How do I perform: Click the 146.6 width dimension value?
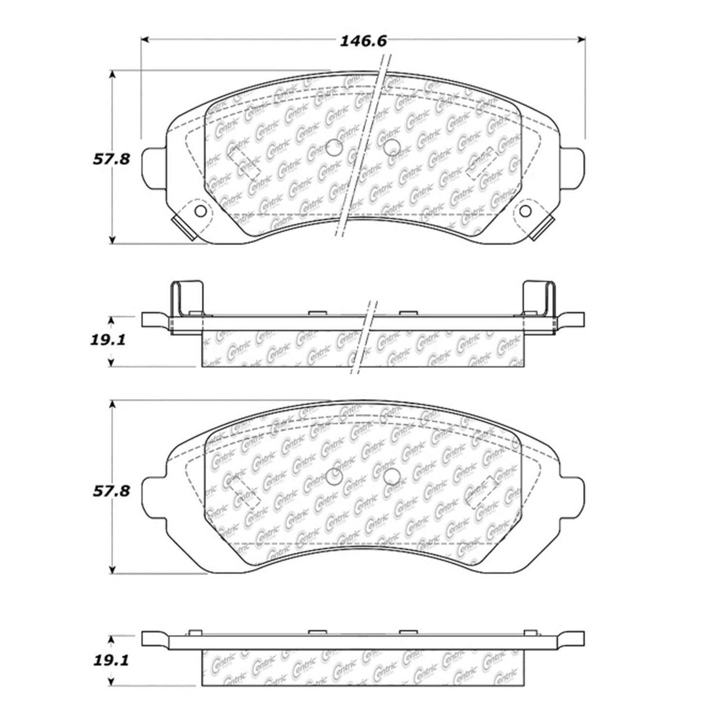pos(363,41)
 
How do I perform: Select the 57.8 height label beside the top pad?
pos(111,159)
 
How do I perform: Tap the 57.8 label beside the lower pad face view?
pos(111,491)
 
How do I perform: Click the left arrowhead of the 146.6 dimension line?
pos(145,39)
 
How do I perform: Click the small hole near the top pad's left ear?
pos(200,211)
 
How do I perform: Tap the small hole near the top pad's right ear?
pos(527,211)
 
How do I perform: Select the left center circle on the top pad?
pos(334,148)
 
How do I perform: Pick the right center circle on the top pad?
pos(391,147)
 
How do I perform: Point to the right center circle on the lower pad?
pos(391,476)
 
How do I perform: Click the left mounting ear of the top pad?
pos(154,168)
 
